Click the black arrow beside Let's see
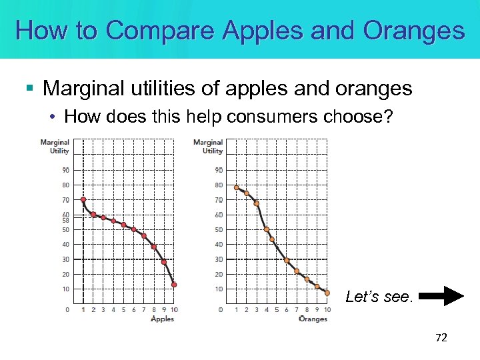coord(444,296)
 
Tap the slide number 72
coord(441,338)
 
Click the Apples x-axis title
coord(162,319)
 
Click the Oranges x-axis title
coord(313,319)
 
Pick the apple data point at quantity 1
coord(83,199)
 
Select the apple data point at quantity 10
coord(174,285)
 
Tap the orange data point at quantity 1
coord(236,187)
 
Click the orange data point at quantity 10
coord(327,293)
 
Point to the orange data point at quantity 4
coord(267,229)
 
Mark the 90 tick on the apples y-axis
coord(65,170)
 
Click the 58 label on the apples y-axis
coord(65,220)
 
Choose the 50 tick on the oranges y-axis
coord(219,229)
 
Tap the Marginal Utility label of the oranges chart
coord(208,146)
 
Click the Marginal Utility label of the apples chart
coord(55,146)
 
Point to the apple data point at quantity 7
coord(144,236)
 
